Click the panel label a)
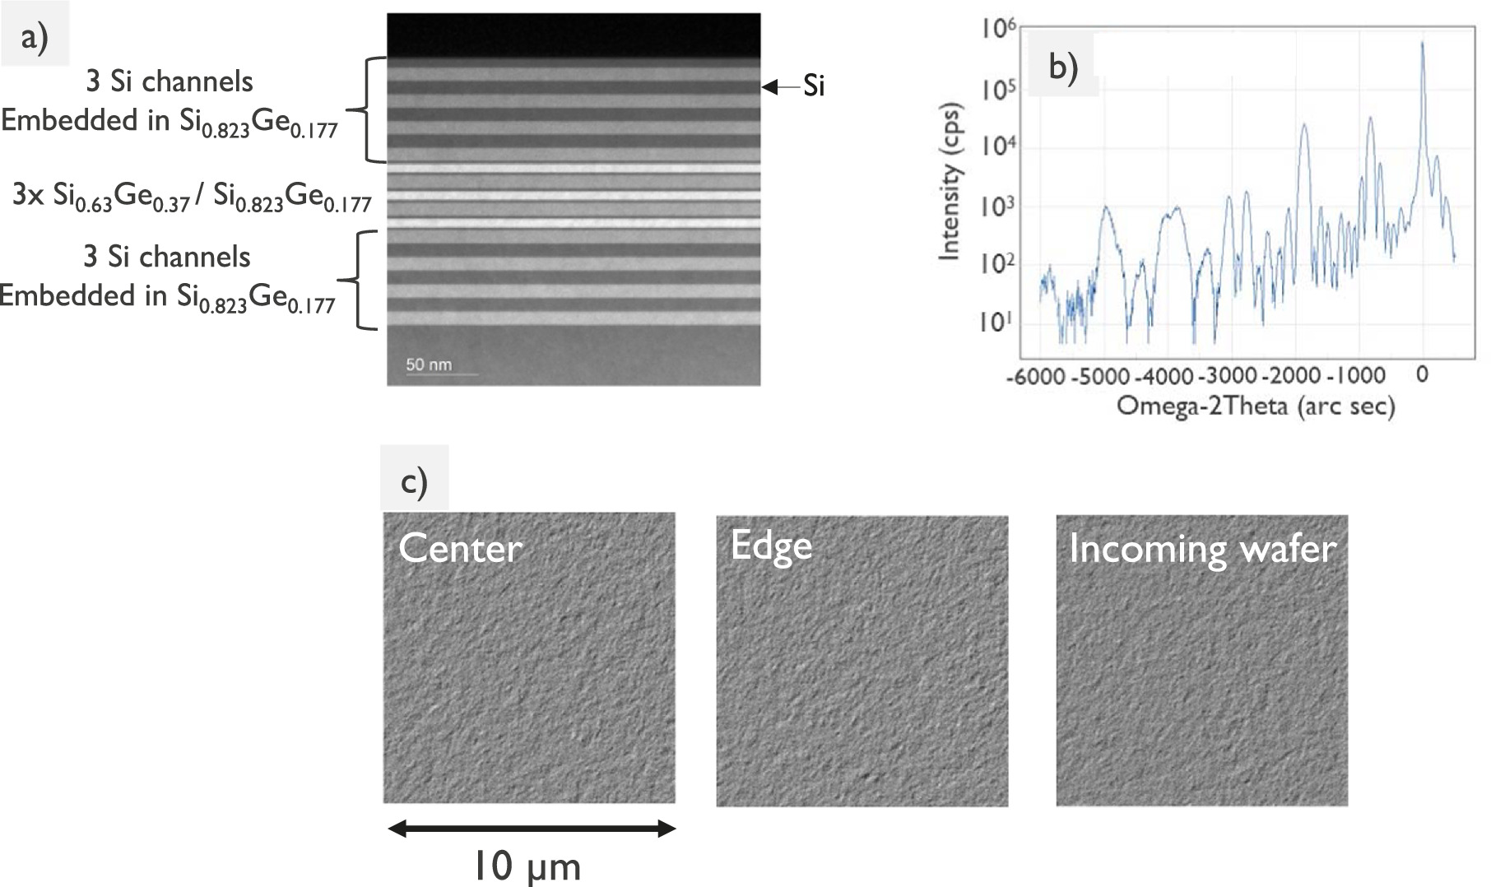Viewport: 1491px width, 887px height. pos(35,37)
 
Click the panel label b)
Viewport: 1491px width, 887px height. pos(1063,67)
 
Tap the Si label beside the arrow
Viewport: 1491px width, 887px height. pos(813,86)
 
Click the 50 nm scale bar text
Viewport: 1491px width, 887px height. pos(429,365)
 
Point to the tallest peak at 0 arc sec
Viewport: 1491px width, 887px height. pos(1422,46)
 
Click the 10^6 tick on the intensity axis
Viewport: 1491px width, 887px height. pos(998,30)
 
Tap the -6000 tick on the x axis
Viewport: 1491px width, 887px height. pos(1038,376)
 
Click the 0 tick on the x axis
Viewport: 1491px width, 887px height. pos(1422,375)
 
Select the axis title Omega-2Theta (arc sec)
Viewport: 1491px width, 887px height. pos(1255,406)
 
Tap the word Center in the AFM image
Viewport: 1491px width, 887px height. pos(460,549)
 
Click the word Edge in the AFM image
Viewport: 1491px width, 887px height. pos(771,546)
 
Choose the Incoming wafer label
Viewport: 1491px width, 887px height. pos(1202,548)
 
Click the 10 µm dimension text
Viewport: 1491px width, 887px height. pos(527,866)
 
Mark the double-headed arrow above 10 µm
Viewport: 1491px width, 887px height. pos(531,829)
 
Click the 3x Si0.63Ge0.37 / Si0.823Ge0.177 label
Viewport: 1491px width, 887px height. pos(192,199)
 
